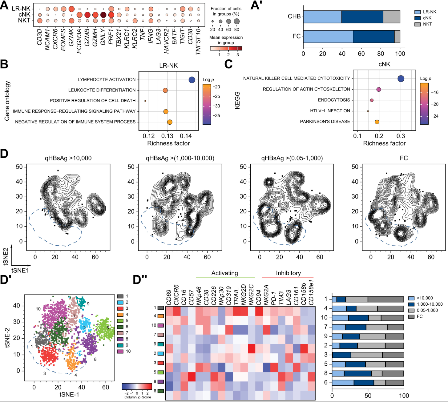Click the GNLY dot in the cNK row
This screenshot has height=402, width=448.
103,15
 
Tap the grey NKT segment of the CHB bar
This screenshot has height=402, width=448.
391,17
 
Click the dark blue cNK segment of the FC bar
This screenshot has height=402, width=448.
373,36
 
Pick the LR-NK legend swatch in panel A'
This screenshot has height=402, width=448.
417,12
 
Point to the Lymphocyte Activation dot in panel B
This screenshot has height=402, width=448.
192,80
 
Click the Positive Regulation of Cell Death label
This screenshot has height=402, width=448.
93,101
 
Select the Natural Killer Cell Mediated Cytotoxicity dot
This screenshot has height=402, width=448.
401,78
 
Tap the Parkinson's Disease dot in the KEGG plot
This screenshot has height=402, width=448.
377,122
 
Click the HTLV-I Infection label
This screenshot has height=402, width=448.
330,111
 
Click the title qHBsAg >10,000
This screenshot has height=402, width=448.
68,158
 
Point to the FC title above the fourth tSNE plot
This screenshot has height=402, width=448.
404,158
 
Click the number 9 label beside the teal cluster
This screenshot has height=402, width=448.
88,304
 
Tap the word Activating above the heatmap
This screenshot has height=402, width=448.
225,273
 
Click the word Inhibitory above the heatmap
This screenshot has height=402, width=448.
288,273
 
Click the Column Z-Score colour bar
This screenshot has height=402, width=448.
137,386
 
